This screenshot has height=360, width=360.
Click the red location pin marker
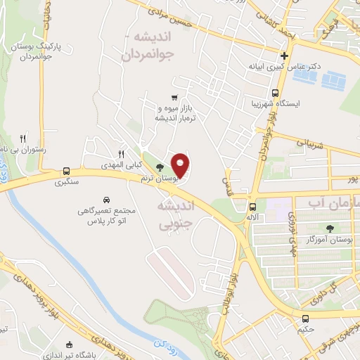pyautogui.click(x=180, y=165)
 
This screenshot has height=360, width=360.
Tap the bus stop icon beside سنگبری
pyautogui.click(x=66, y=171)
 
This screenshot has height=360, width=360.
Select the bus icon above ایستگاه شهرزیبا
pyautogui.click(x=274, y=93)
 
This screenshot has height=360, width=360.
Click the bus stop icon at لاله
pyautogui.click(x=252, y=207)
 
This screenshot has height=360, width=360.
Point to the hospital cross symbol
pyautogui.click(x=285, y=56)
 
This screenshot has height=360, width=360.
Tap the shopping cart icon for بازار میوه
pyautogui.click(x=174, y=98)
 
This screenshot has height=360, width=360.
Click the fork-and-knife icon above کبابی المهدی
pyautogui.click(x=121, y=154)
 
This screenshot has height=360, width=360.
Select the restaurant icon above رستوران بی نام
pyautogui.click(x=23, y=139)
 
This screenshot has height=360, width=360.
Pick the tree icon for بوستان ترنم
pyautogui.click(x=160, y=167)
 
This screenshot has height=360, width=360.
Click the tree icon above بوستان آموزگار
pyautogui.click(x=329, y=228)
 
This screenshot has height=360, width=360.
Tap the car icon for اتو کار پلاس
pyautogui.click(x=106, y=200)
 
